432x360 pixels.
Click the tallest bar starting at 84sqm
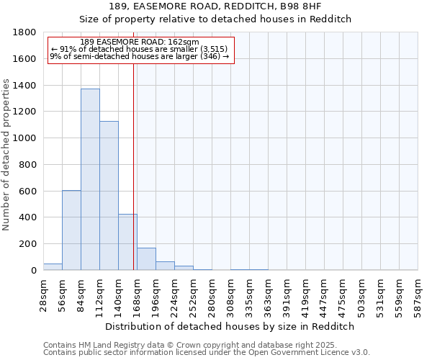click(90, 179)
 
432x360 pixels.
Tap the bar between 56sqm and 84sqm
click(71, 230)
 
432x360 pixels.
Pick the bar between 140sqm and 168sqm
click(127, 242)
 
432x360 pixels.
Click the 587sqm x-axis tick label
click(418, 295)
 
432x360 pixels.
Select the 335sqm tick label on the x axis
click(250, 295)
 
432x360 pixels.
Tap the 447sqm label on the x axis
click(325, 295)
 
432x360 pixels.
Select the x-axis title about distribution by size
click(230, 326)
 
